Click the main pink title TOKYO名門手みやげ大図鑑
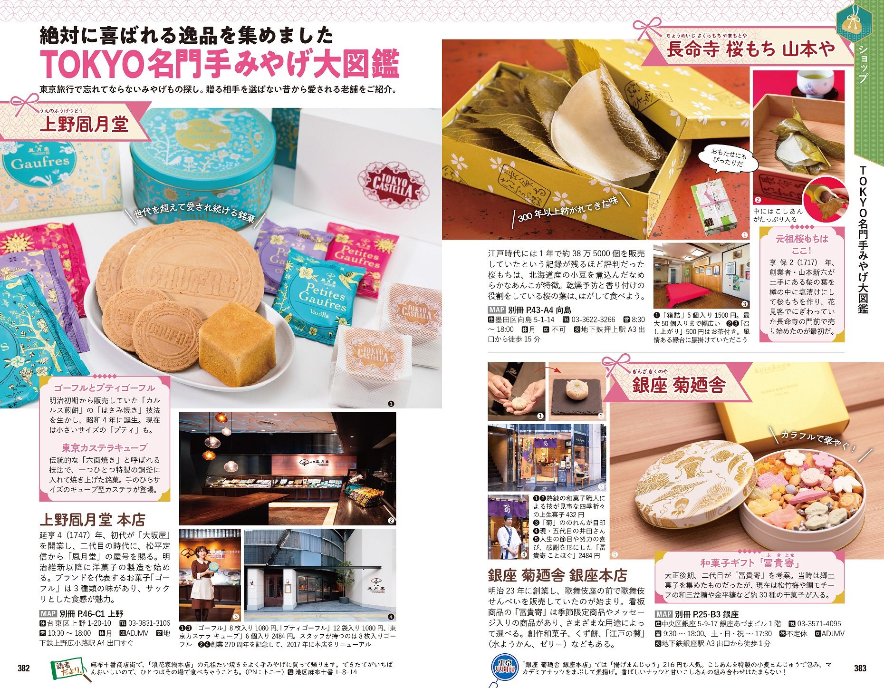[220, 64]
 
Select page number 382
[23, 668]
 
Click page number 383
[860, 668]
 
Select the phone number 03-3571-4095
[819, 623]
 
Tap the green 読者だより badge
[68, 668]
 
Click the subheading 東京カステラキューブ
[105, 447]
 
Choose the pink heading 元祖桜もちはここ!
[802, 244]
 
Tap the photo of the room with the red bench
[701, 276]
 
